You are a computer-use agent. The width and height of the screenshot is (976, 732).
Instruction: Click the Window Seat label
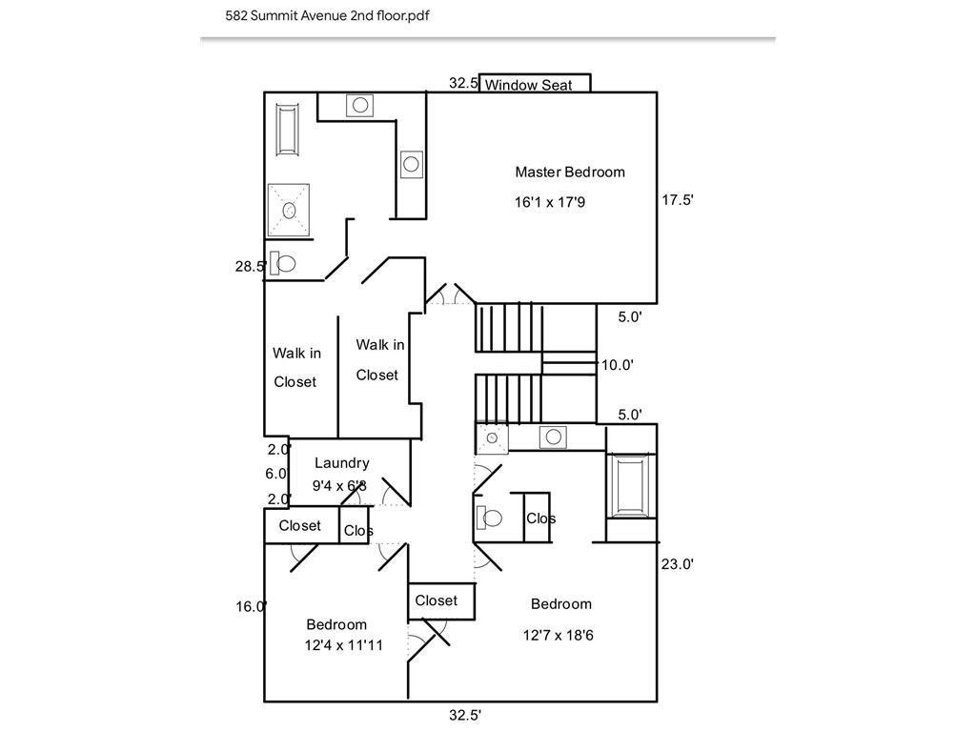coord(528,85)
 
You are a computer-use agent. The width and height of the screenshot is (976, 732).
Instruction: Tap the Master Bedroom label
coord(570,172)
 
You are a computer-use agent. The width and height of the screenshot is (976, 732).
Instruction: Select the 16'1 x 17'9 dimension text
coord(550,202)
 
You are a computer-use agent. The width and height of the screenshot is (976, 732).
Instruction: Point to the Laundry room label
coord(342,462)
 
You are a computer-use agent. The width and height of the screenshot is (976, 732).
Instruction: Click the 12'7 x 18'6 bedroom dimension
coord(558,635)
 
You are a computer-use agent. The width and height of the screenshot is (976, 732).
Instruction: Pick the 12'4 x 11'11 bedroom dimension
coord(343,645)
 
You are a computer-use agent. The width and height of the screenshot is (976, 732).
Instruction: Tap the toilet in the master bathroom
coord(282,264)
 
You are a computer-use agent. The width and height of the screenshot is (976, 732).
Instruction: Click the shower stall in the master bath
coord(289,211)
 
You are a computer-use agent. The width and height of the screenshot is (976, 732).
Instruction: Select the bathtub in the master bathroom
coord(288,130)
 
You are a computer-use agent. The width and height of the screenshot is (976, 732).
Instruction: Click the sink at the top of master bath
coord(359,105)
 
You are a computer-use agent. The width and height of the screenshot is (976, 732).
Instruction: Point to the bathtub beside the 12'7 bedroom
coord(631,486)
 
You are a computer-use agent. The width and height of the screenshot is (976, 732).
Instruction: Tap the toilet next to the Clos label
coord(489,518)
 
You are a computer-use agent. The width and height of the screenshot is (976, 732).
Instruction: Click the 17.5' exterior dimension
coord(678,200)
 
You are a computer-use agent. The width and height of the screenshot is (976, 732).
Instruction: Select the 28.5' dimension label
coord(251,267)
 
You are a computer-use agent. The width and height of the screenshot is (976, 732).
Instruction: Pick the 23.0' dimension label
coord(678,564)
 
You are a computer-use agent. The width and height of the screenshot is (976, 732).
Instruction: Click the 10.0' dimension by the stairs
coord(617,365)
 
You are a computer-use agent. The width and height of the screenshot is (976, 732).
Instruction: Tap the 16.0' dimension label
coord(252,606)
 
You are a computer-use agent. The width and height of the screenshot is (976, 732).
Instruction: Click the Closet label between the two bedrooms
coord(436,600)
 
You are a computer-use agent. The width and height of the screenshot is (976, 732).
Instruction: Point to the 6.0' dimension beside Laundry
coord(276,474)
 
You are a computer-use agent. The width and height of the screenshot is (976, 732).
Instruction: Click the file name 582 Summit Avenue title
coord(327,15)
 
